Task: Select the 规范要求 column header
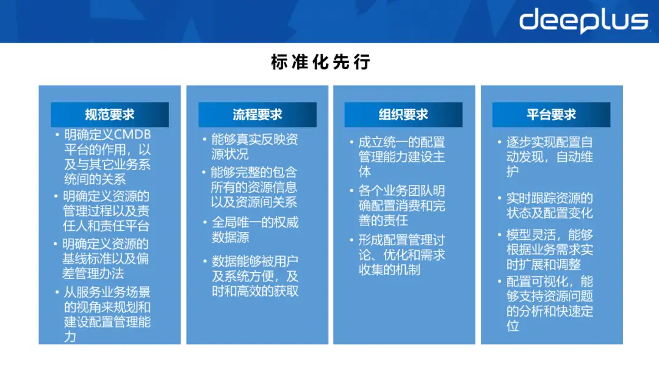[110, 115]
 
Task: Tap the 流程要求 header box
[257, 115]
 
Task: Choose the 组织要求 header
[403, 115]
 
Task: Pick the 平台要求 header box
[551, 115]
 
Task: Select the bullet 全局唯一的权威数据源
[254, 229]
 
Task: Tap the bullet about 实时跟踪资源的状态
[549, 206]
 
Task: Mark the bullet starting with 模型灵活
[549, 250]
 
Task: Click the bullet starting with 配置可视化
[549, 304]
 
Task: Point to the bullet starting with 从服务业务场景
[107, 314]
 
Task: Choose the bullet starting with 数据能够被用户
[254, 276]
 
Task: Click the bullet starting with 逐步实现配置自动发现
[549, 157]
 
